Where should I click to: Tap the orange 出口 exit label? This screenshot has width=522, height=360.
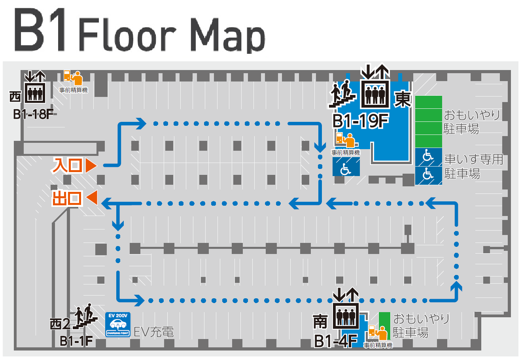point(67,199)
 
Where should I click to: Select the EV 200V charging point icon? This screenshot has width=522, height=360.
point(118,324)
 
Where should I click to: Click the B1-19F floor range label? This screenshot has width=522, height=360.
point(361,121)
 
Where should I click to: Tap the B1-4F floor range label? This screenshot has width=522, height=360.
point(336,341)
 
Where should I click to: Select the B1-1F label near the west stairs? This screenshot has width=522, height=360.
point(76,341)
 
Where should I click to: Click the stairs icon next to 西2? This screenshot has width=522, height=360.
point(85,316)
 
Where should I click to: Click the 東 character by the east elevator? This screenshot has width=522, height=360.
point(402,99)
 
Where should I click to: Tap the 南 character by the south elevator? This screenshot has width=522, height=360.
point(320,321)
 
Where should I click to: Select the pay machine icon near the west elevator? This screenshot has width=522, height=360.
point(73,78)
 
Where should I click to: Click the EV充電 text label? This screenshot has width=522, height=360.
point(154,332)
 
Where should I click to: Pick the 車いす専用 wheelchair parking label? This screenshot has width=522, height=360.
point(473,159)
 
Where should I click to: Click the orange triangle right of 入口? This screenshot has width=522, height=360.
point(91,165)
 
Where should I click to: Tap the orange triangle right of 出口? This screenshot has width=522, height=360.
point(92,198)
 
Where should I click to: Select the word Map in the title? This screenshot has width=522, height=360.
point(228,35)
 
